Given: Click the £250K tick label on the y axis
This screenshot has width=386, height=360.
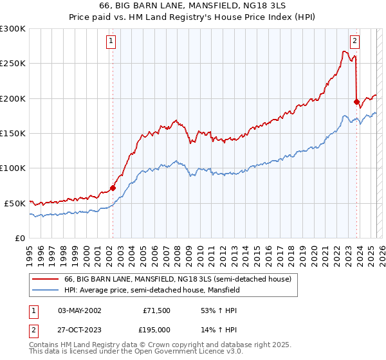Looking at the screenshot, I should [13, 64].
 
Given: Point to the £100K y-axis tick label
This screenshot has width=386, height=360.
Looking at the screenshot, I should [13, 168].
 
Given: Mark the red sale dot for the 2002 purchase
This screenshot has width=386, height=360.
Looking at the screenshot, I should [113, 188].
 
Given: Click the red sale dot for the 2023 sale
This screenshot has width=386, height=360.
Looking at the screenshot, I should [356, 102].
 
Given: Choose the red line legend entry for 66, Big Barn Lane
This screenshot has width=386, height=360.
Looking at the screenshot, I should [178, 279].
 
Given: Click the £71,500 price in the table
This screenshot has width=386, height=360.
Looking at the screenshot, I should [157, 310].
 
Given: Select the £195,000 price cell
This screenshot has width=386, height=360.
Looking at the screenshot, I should [157, 329].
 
